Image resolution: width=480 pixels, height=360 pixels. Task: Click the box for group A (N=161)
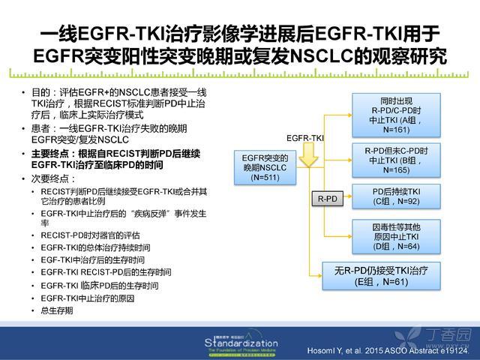[396, 115]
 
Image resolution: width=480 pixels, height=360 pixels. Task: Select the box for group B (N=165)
[396, 160]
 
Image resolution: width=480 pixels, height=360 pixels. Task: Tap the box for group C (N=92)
[396, 196]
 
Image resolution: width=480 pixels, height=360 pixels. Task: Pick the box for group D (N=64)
[396, 236]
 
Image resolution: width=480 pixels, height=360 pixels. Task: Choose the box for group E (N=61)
[381, 276]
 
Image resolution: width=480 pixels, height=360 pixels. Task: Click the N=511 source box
[265, 167]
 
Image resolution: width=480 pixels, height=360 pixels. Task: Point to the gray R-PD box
[327, 199]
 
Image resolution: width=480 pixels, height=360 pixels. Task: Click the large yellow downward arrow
[308, 155]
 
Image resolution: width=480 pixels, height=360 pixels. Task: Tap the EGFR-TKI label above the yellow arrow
[305, 138]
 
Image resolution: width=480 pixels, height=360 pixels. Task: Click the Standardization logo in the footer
[241, 343]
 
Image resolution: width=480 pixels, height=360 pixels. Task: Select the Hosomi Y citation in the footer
[388, 351]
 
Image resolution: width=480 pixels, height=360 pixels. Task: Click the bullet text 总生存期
[57, 310]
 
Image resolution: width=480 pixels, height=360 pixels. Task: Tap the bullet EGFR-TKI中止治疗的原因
[88, 298]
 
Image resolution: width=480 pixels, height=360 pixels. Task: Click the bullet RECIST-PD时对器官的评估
[90, 235]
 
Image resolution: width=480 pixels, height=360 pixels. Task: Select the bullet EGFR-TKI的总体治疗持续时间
[95, 247]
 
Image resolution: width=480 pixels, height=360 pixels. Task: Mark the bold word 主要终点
[50, 154]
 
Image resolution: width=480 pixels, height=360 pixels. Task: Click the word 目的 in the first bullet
[40, 92]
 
